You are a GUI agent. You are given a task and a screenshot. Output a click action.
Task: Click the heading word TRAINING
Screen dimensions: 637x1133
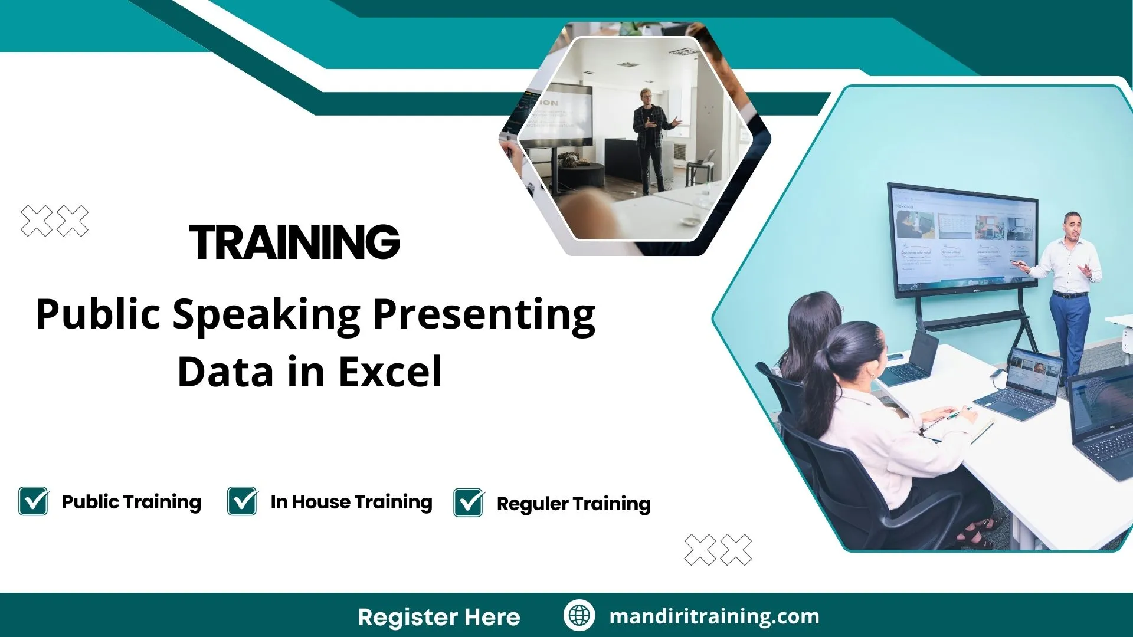294,242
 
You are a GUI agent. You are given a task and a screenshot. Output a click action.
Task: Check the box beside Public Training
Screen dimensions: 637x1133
34,501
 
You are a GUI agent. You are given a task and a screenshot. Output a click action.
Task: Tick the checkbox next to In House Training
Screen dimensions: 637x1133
242,501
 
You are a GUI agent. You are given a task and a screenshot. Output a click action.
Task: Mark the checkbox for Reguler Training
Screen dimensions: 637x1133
469,503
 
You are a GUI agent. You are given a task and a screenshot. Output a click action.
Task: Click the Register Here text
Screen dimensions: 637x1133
438,617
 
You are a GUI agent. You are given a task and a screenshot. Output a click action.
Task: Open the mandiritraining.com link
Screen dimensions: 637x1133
714,616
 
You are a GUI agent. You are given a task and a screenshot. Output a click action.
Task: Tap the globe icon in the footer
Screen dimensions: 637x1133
579,615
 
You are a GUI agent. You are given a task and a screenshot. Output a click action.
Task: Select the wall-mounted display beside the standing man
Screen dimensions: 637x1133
962,239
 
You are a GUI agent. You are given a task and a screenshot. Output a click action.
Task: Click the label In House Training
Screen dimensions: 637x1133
351,502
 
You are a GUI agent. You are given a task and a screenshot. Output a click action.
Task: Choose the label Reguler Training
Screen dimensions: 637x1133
574,504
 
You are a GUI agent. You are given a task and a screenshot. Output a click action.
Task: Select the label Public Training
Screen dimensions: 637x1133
131,502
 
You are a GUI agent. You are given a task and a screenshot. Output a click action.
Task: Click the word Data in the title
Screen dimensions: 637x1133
226,372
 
